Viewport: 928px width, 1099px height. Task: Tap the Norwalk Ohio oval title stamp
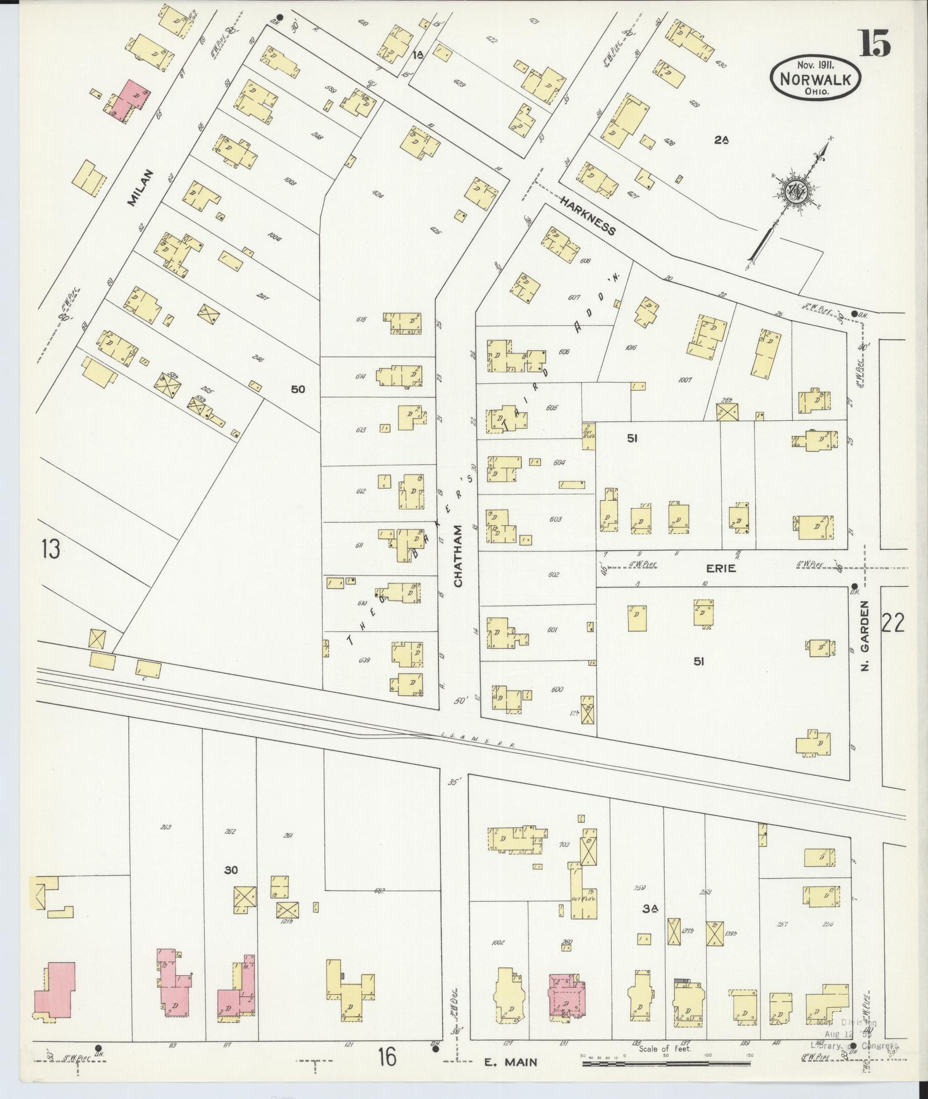click(815, 80)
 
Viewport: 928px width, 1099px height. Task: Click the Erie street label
click(721, 568)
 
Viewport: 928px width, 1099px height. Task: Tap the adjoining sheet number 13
click(51, 551)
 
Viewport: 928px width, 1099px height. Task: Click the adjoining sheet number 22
click(893, 624)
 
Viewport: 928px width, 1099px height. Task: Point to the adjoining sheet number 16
click(386, 1057)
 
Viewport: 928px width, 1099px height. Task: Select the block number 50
click(298, 390)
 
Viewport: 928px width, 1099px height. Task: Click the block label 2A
click(721, 139)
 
